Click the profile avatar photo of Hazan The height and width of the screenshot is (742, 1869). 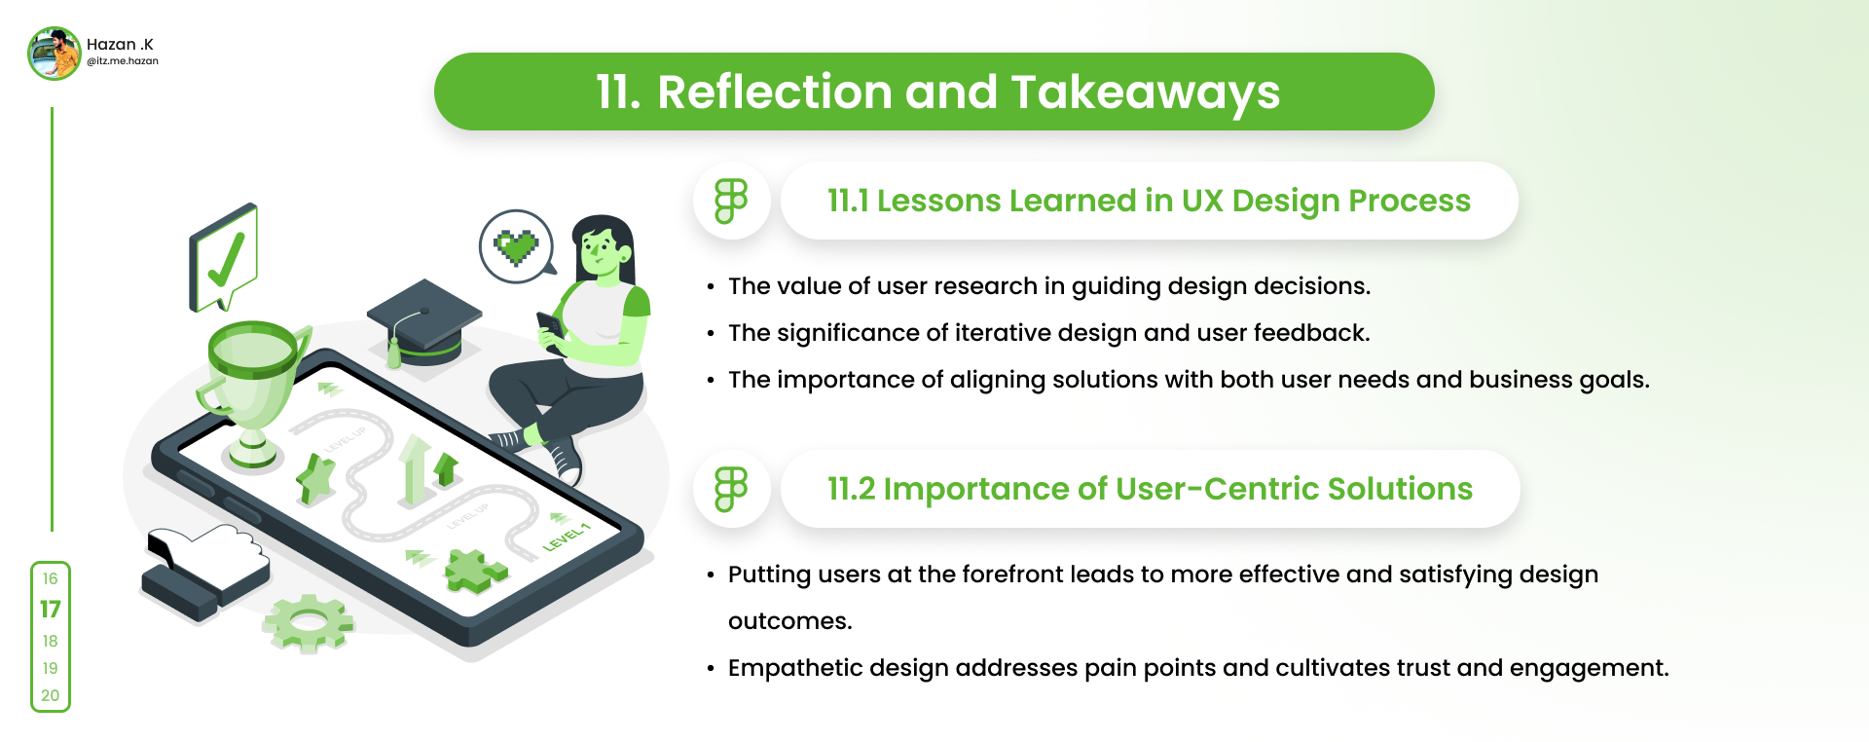pos(54,53)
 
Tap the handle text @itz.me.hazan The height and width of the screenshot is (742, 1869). pos(123,61)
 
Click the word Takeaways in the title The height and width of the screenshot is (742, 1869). pos(1146,93)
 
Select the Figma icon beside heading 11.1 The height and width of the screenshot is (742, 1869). pos(731,201)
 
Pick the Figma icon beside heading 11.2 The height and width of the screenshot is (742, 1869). pos(731,489)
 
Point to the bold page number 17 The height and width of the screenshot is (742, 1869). pos(51,610)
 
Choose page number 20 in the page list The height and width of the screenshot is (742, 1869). pos(51,695)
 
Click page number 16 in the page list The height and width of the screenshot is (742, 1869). pos(51,578)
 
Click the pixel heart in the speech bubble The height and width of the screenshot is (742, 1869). pos(516,247)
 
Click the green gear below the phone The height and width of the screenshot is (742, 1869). pos(309,621)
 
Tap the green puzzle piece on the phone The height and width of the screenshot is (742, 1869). pos(474,571)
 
